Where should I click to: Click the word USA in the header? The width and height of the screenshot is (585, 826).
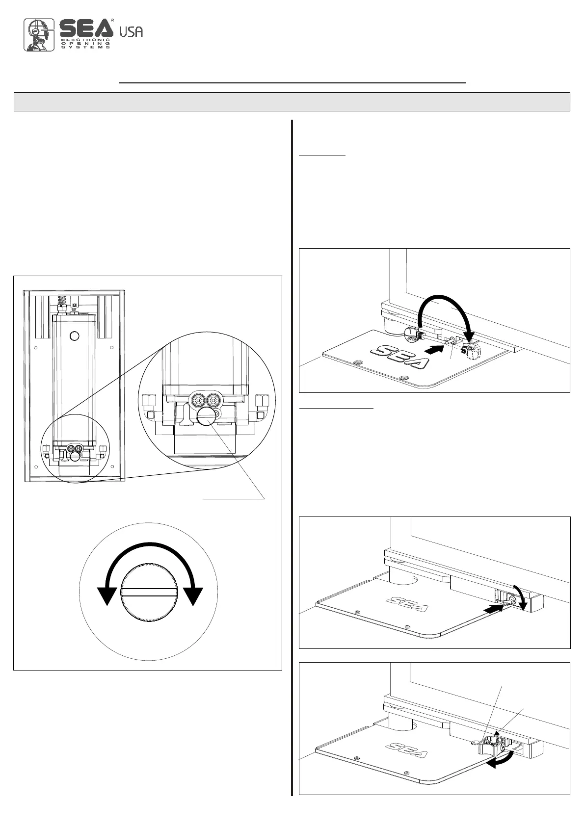[132, 32]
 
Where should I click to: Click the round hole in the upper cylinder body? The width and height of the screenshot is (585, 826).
[74, 336]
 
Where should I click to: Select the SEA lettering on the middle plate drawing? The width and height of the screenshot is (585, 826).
[407, 604]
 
